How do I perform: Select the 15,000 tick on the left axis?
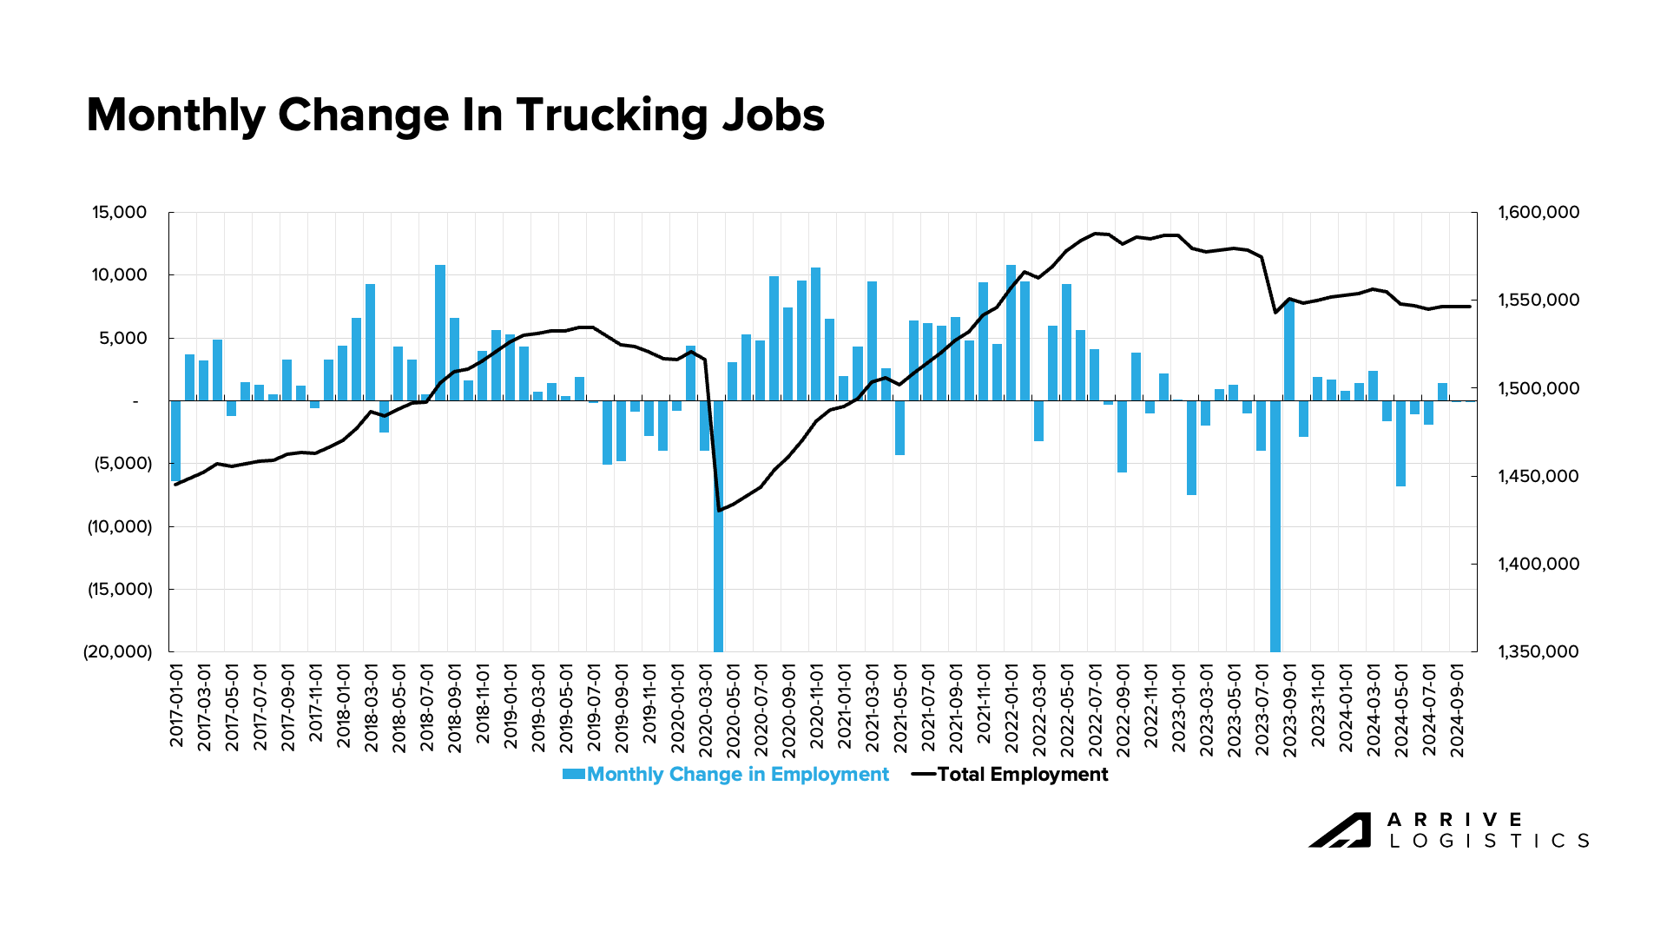(x=120, y=213)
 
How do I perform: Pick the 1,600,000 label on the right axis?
(x=1539, y=213)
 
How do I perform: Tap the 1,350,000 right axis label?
(x=1539, y=652)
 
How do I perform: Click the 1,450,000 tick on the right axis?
(x=1539, y=477)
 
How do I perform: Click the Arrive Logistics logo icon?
(x=1340, y=829)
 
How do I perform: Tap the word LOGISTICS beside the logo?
(x=1489, y=841)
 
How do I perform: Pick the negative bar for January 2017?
(x=175, y=440)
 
